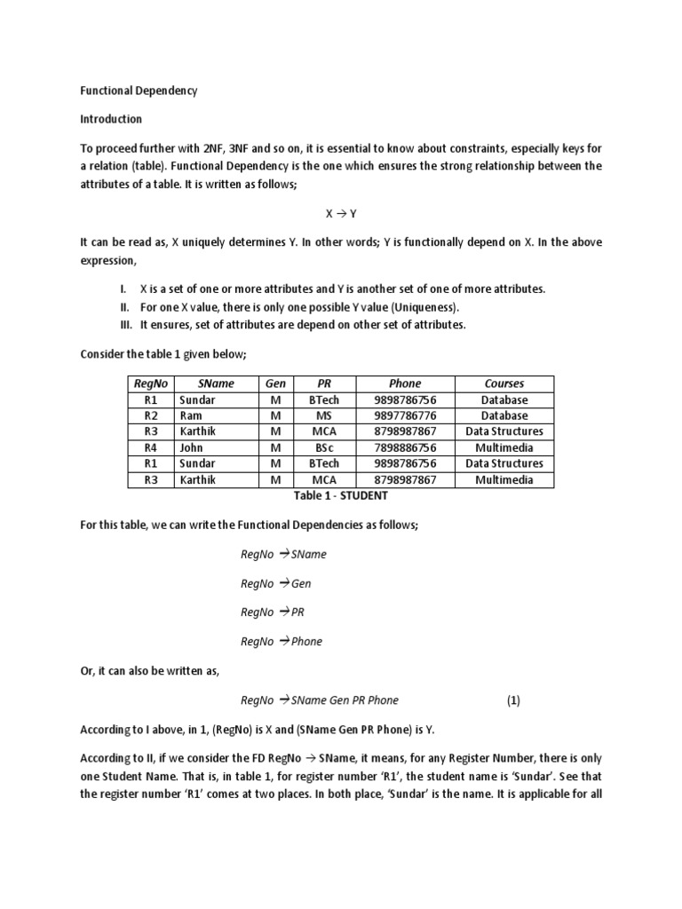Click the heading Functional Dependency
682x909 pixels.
pos(139,91)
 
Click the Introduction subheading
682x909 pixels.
pos(111,119)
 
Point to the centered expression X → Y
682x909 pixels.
pos(340,214)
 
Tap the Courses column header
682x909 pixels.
pos(504,383)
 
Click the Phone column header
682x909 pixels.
pos(405,383)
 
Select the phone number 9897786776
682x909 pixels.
pos(405,415)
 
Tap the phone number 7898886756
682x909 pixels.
pos(405,447)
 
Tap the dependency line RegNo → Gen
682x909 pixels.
pos(275,584)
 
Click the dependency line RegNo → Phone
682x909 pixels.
pos(281,642)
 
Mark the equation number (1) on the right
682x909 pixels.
pos(513,700)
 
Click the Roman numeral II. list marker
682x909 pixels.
pos(123,307)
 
